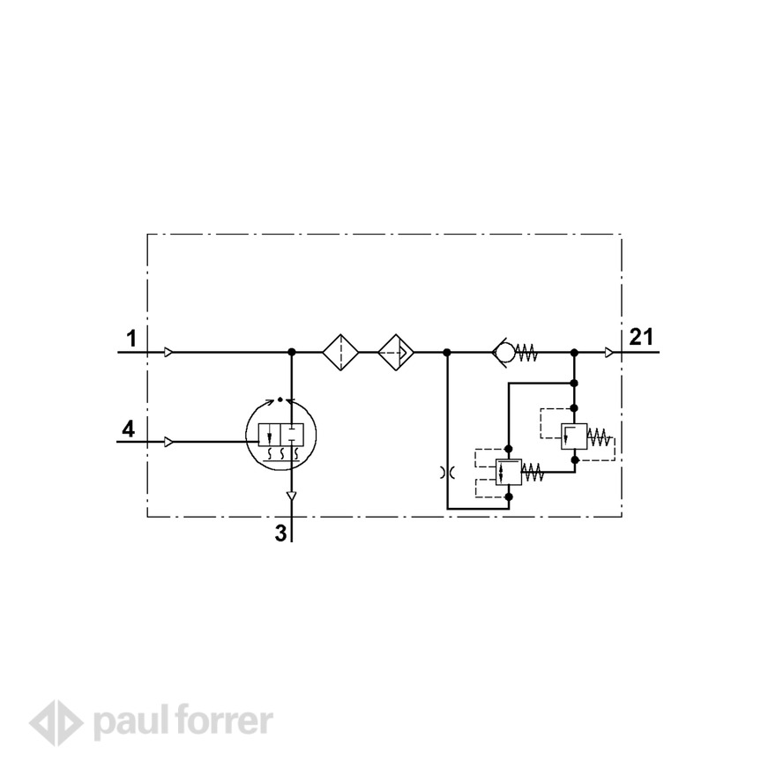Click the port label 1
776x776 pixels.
(131, 339)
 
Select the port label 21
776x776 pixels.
(641, 337)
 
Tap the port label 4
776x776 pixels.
(128, 429)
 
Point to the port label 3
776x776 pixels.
(280, 533)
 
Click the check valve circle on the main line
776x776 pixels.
(505, 353)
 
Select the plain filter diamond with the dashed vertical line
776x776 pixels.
(340, 353)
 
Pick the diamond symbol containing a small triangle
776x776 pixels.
(396, 353)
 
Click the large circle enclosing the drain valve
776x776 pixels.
(246, 436)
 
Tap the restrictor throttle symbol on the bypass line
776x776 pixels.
(447, 474)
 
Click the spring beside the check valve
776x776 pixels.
(526, 353)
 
